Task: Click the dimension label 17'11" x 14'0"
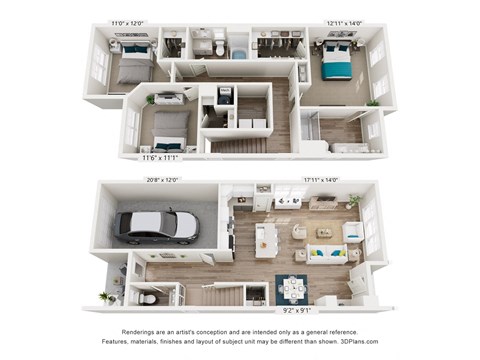click(320, 180)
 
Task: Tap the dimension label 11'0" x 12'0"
click(127, 22)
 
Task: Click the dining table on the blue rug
click(294, 288)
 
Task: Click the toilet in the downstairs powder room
click(147, 297)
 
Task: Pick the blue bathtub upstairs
click(240, 52)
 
